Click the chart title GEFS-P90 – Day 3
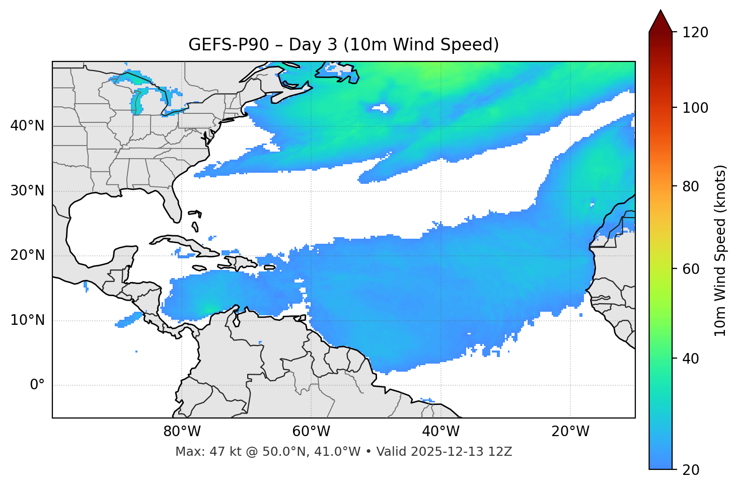tap(343, 45)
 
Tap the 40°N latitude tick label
tap(27, 126)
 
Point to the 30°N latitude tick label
tap(27, 191)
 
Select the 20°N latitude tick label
tap(27, 255)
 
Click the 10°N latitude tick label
tap(27, 320)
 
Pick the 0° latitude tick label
tap(37, 385)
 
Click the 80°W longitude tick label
tap(182, 432)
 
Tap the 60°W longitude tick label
tap(311, 432)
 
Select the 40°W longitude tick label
tap(441, 432)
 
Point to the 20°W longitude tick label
tap(570, 432)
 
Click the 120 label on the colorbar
tap(695, 33)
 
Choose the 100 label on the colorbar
tap(695, 108)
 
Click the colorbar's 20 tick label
tap(691, 469)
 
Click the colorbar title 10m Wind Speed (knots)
tap(720, 250)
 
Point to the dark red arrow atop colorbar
tap(660, 21)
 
